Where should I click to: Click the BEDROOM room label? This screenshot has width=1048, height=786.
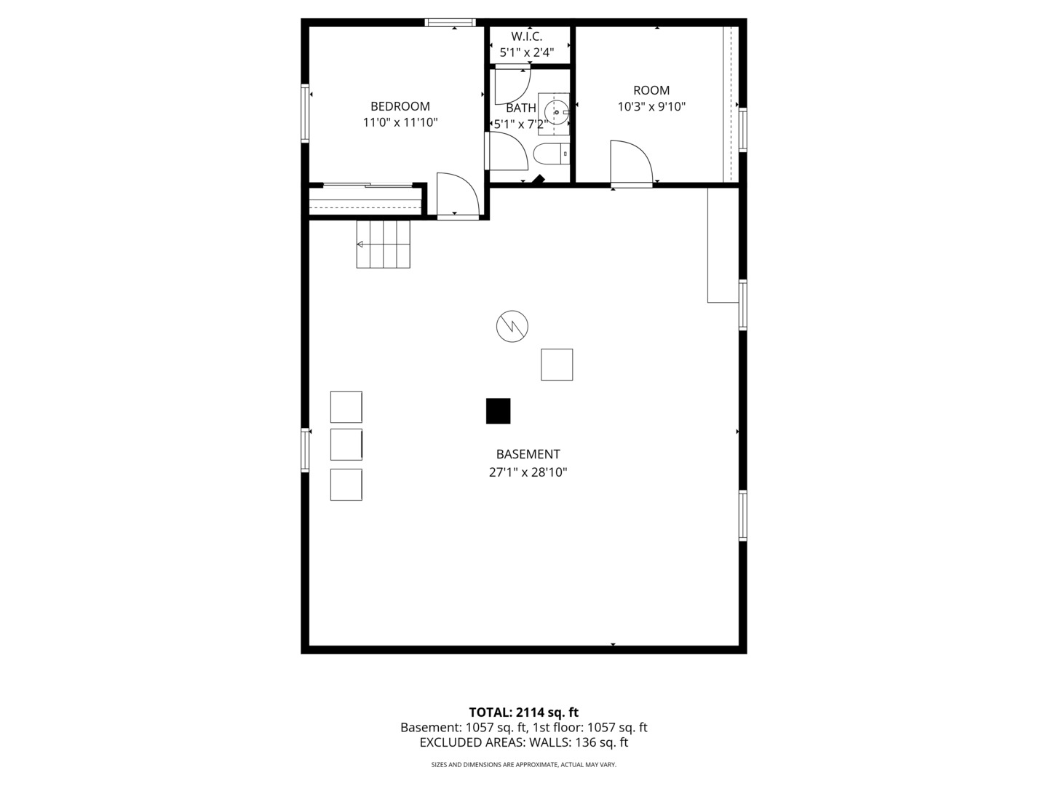(400, 106)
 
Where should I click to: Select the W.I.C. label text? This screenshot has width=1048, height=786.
(527, 36)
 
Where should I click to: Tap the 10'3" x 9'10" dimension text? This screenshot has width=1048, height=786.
(651, 106)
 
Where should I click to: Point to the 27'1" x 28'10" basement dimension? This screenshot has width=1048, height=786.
(528, 472)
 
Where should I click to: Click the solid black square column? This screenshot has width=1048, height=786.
(498, 411)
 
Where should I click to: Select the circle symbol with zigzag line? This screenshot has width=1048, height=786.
(512, 327)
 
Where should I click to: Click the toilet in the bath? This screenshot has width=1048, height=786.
(552, 154)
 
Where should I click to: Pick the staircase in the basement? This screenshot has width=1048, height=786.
(383, 244)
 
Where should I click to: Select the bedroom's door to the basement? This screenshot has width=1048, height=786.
(457, 195)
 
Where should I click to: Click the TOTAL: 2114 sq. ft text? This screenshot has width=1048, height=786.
(524, 712)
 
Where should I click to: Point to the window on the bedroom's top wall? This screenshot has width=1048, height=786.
(450, 22)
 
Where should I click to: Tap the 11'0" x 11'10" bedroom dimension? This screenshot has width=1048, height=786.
(400, 123)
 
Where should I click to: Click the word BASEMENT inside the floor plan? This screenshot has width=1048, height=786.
(528, 454)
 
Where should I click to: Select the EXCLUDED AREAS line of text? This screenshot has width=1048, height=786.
(524, 742)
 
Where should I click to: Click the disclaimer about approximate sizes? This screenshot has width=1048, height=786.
(524, 764)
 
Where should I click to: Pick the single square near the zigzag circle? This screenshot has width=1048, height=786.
(557, 365)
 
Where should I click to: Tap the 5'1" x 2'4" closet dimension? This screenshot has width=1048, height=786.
(527, 52)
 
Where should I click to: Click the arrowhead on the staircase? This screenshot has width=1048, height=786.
(360, 245)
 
